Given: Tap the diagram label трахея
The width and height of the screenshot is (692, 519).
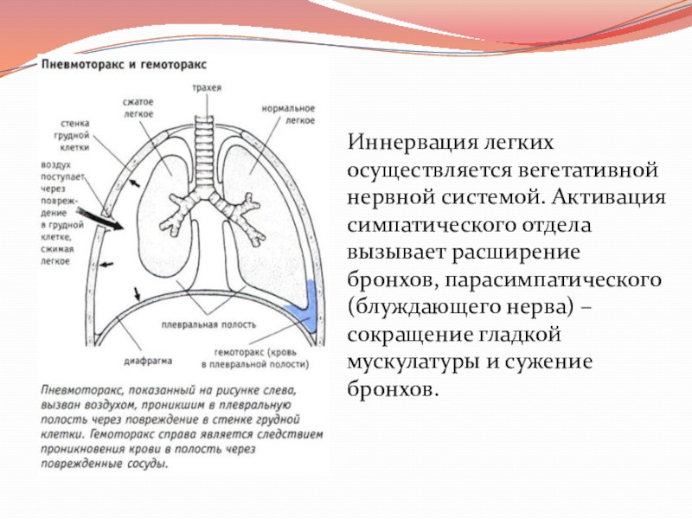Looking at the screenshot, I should coord(208,88).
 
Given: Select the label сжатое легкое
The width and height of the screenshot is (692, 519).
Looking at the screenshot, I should coord(138,107).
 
